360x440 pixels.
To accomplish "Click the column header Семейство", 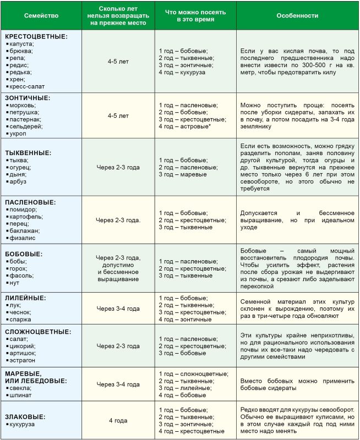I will [x=42, y=16].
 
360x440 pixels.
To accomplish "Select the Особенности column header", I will [x=297, y=16].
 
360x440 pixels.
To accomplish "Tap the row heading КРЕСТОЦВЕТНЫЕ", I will [x=36, y=36].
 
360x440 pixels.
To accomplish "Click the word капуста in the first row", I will [x=21, y=43].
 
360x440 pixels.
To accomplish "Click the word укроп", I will [x=19, y=133].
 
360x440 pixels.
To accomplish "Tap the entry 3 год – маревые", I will [x=183, y=174].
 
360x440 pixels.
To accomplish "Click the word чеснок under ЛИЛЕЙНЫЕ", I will [x=21, y=312].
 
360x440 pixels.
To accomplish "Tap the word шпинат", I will [x=22, y=395].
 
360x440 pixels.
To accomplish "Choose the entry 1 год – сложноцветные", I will [x=193, y=373].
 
